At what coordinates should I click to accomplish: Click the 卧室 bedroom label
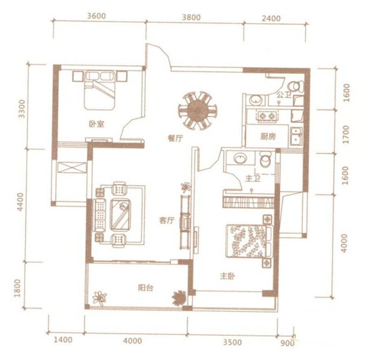(x=96, y=124)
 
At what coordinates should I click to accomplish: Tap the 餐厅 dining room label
(x=175, y=139)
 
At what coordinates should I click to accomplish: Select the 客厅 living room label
(x=167, y=220)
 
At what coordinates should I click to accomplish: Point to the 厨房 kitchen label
(x=268, y=137)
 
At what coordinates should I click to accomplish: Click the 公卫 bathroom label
(x=284, y=95)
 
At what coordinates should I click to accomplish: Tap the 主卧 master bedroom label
(x=227, y=276)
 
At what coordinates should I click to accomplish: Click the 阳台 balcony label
(x=145, y=288)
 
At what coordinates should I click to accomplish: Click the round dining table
(x=198, y=111)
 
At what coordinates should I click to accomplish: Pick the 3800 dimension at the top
(x=192, y=18)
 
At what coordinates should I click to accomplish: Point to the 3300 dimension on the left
(x=22, y=109)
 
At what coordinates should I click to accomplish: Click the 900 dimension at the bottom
(x=287, y=343)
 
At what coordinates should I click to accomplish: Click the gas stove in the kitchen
(x=267, y=116)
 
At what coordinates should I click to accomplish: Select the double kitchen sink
(x=296, y=137)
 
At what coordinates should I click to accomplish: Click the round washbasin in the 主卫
(x=240, y=158)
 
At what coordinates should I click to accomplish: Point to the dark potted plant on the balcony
(x=179, y=298)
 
